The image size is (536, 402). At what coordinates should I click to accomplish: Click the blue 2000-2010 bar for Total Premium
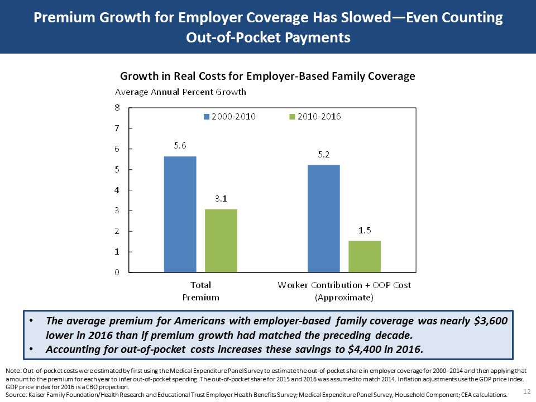[180, 214]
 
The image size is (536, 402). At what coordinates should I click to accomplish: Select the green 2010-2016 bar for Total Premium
[221, 241]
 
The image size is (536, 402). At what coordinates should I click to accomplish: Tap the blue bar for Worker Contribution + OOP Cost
[323, 218]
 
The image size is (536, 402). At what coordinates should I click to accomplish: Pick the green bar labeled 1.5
[365, 257]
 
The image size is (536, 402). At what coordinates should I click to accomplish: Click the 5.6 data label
[180, 146]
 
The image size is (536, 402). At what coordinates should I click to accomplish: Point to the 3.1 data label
[221, 198]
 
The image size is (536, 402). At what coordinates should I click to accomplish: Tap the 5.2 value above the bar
[323, 154]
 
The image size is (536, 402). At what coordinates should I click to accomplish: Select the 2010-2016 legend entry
[315, 117]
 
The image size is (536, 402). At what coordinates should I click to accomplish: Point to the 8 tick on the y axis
[117, 108]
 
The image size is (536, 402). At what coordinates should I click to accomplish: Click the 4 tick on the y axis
[117, 190]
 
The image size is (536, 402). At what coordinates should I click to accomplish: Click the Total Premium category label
[200, 291]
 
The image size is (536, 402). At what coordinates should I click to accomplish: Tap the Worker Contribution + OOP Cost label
[344, 291]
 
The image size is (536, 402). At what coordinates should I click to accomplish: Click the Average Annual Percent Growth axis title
[180, 92]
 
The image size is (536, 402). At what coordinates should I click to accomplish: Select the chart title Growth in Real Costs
[267, 76]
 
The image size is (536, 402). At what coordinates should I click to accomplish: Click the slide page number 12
[526, 390]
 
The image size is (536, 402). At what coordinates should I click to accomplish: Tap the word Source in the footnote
[15, 395]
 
